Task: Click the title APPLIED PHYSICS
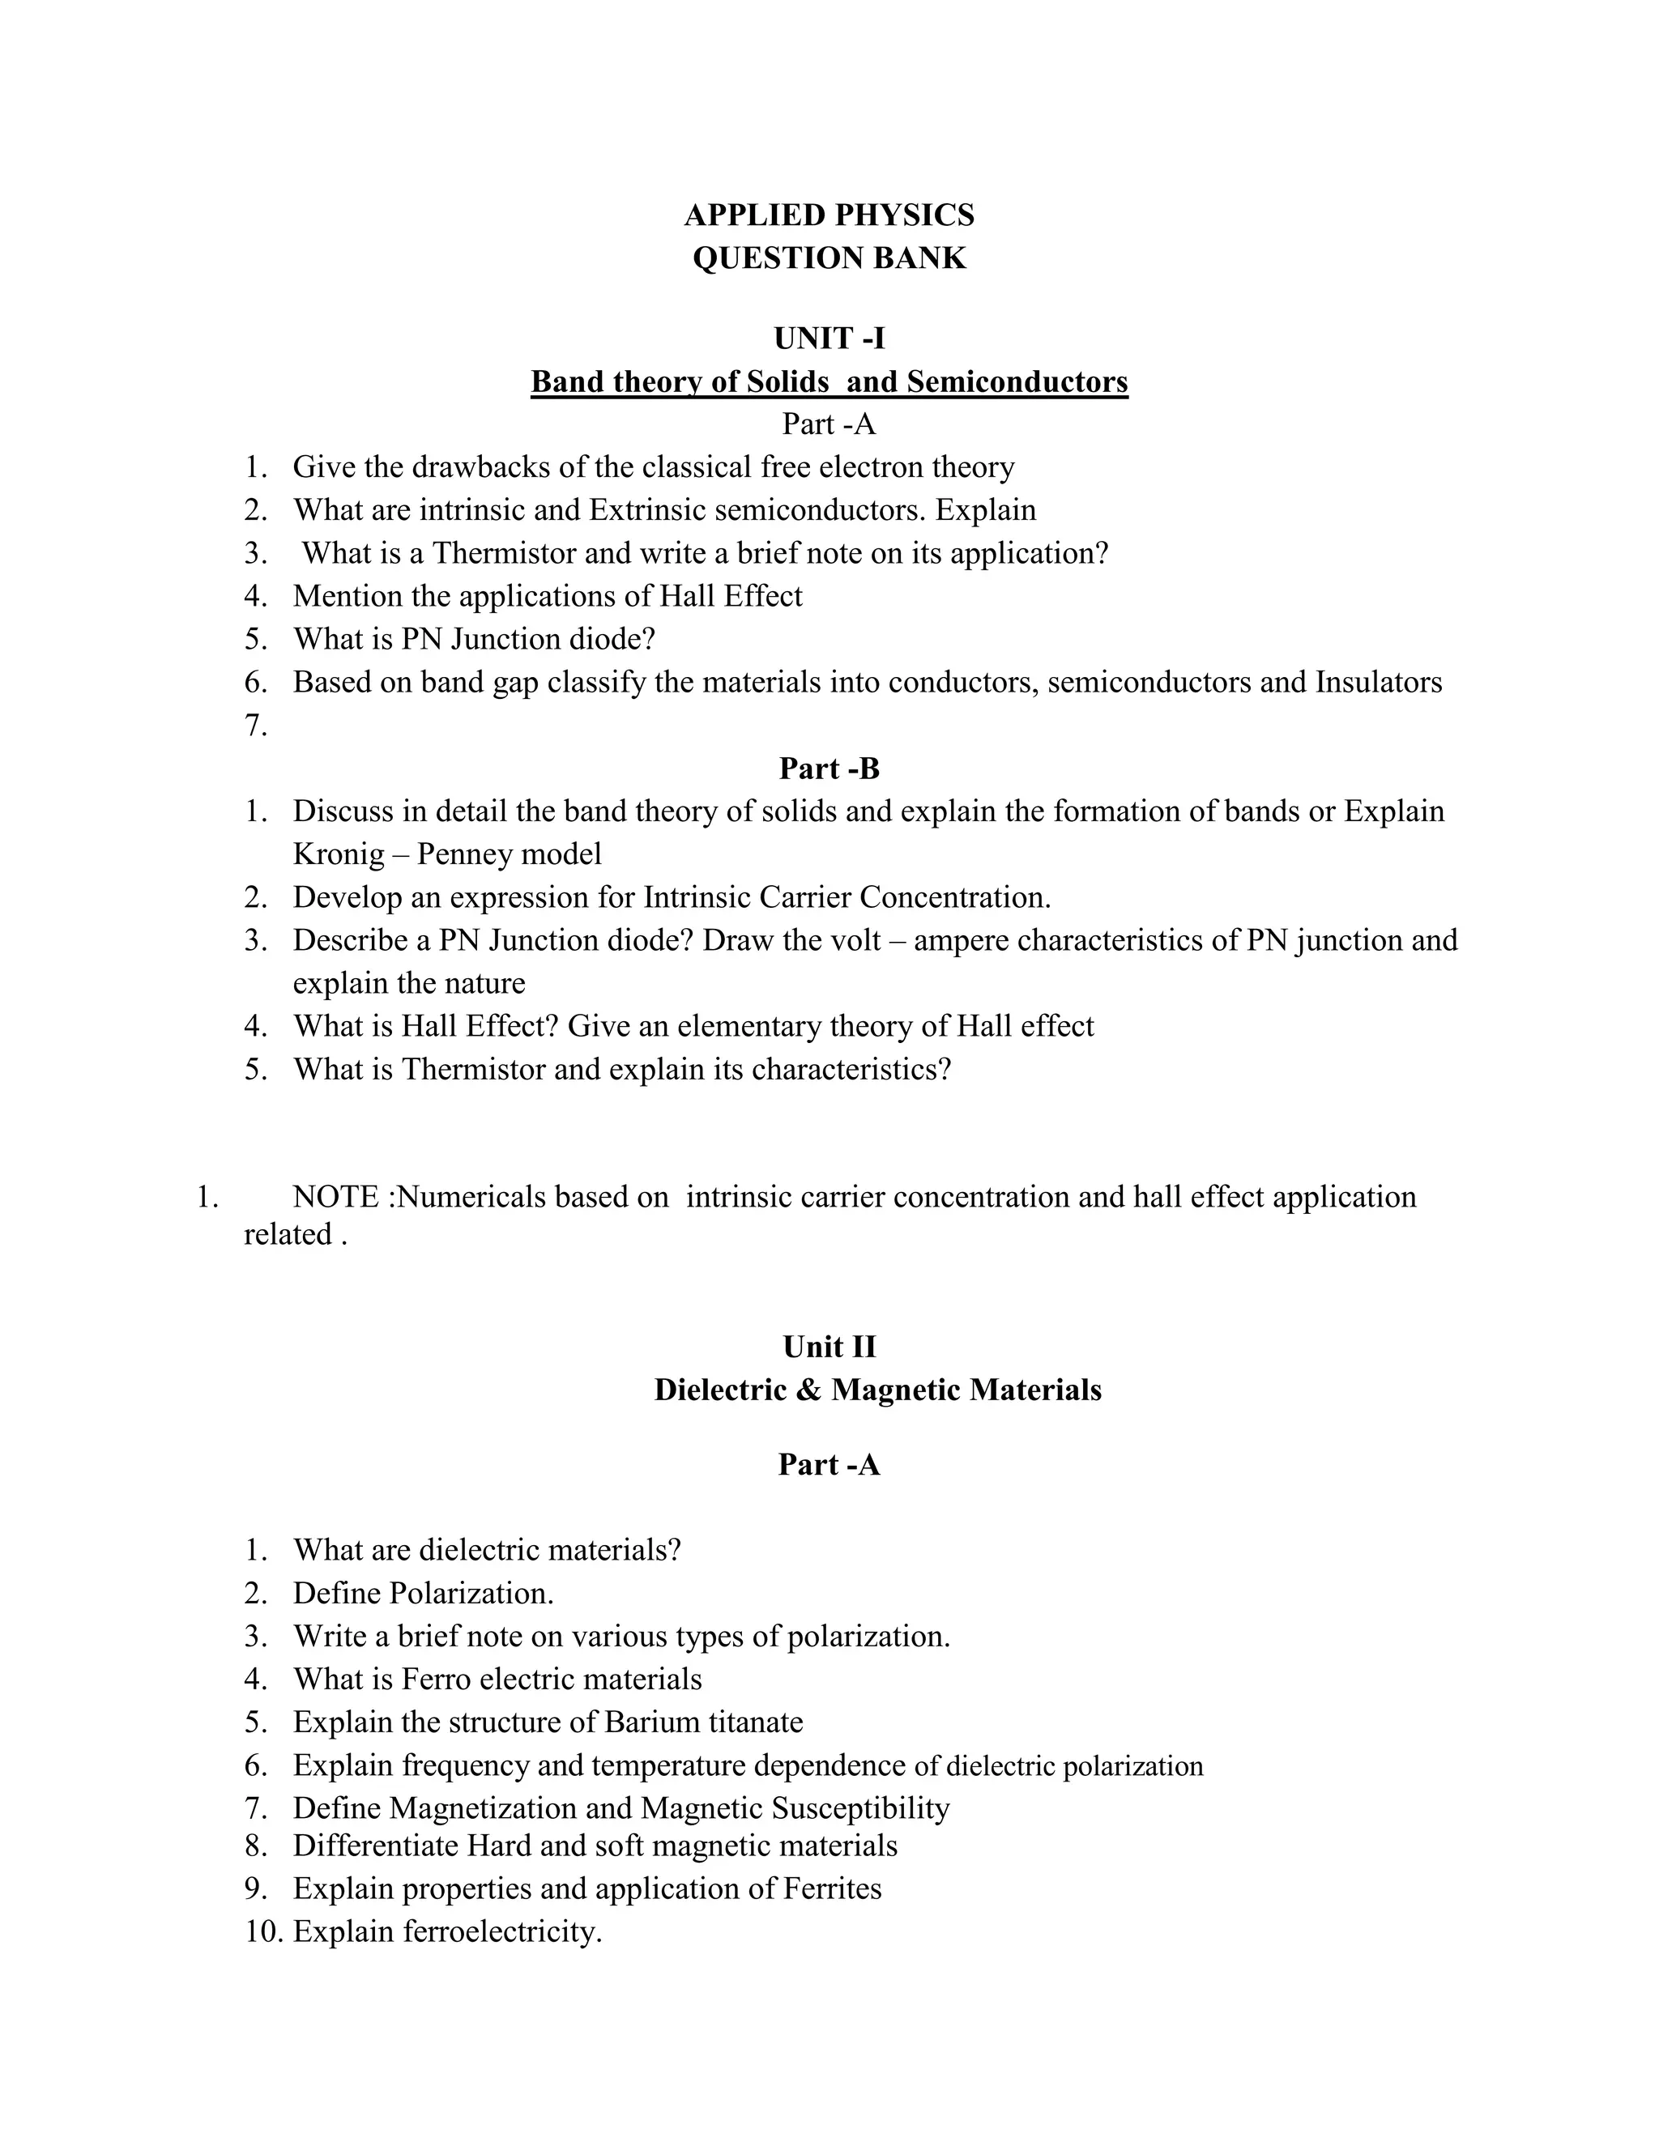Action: coord(829,215)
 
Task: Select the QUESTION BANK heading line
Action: coord(829,258)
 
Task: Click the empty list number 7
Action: coord(255,726)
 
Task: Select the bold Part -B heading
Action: coord(829,769)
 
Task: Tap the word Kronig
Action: coord(338,854)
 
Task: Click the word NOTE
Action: coord(335,1197)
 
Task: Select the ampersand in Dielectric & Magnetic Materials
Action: coord(809,1390)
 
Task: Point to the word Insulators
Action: coord(1378,683)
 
